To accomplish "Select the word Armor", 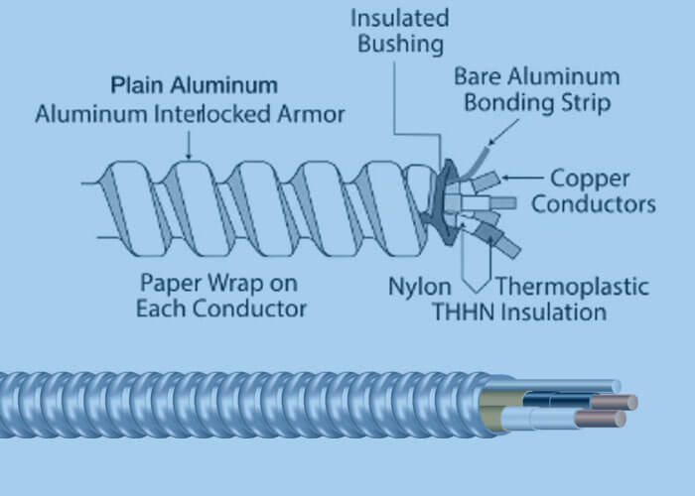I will [x=316, y=115].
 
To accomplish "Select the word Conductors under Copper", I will [x=593, y=205].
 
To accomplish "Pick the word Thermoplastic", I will [x=572, y=288].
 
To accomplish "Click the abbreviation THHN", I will [x=465, y=312].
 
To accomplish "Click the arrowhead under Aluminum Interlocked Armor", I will [x=189, y=154].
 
